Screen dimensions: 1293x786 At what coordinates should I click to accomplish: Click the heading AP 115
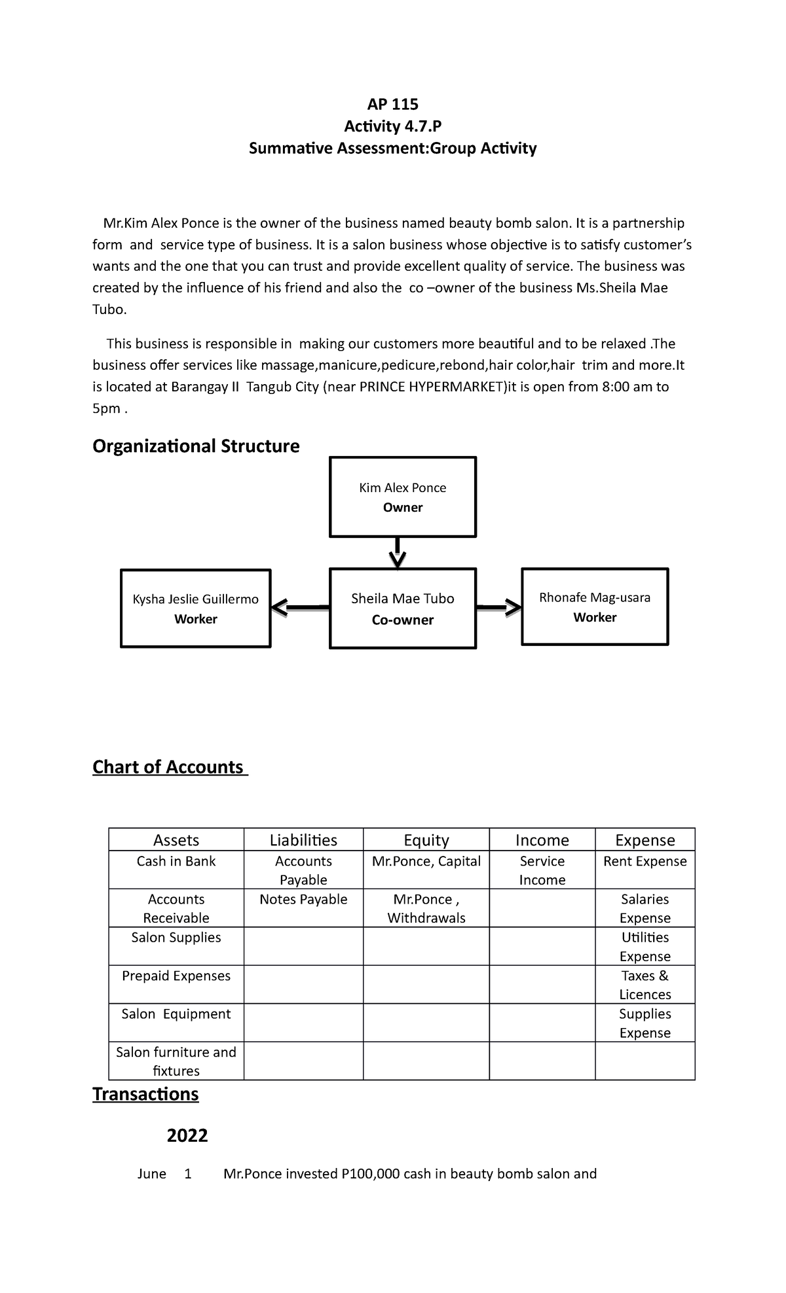[392, 104]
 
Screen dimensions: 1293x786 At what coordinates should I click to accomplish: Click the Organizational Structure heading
[196, 446]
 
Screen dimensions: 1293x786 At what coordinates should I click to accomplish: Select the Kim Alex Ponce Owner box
[402, 497]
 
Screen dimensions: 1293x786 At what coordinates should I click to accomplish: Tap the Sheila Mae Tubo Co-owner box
[402, 609]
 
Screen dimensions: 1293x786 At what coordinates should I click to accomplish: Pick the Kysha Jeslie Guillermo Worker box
[195, 609]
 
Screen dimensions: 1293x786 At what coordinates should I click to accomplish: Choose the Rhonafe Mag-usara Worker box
[594, 607]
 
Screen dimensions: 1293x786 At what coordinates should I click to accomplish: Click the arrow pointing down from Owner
[398, 554]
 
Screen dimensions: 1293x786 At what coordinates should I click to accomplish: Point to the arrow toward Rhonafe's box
[498, 608]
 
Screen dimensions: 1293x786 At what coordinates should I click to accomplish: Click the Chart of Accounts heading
[169, 767]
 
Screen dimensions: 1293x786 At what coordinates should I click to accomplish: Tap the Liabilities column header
[303, 840]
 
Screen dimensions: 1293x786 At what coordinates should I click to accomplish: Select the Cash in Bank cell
[176, 862]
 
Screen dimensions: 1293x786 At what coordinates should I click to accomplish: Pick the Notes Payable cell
[303, 900]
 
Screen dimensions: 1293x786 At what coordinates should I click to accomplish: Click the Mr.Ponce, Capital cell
[426, 862]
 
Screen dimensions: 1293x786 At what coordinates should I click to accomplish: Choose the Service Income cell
[542, 870]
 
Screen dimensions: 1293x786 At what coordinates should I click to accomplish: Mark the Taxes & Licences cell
[645, 985]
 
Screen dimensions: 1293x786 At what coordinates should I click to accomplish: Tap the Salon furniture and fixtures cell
[176, 1061]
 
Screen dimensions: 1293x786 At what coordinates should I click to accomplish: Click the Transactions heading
[145, 1094]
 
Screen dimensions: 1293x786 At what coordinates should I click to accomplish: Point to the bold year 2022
[187, 1135]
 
